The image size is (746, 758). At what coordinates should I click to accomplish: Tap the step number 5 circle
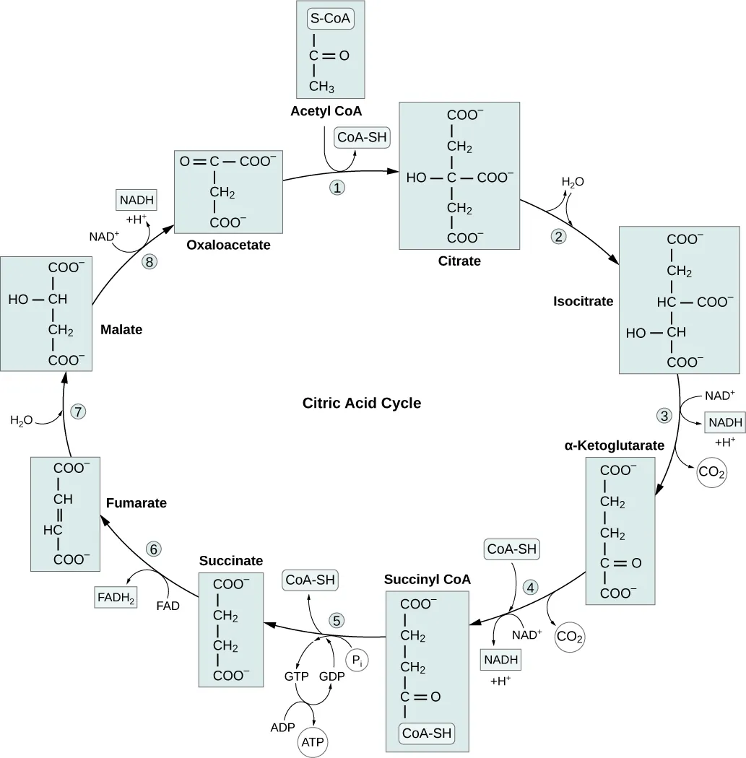pos(337,619)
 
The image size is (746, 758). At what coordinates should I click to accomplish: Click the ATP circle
pos(311,741)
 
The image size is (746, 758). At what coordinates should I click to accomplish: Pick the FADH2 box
pos(116,598)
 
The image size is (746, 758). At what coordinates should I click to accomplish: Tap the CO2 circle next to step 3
pos(711,474)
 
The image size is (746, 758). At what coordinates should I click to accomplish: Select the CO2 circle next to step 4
pos(569,637)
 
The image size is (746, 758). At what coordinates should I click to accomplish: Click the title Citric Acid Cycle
pos(361,403)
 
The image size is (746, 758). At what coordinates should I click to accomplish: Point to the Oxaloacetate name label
pos(228,245)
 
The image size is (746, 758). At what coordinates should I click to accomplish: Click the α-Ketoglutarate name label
pos(614,445)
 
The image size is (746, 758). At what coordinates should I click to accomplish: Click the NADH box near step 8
pos(136,199)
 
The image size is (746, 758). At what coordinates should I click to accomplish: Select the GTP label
pos(296,676)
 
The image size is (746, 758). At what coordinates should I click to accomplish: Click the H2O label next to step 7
pos(22,420)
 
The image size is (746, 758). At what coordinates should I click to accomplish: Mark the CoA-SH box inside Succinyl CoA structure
pos(428,733)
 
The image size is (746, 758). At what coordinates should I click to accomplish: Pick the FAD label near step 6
pos(168,606)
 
